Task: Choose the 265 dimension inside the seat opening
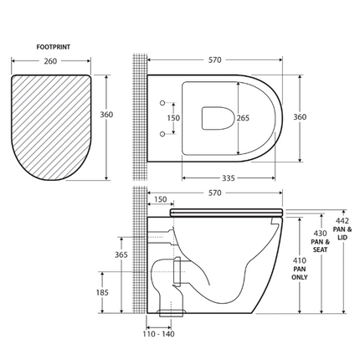244,118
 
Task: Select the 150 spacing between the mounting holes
173,118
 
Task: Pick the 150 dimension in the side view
161,201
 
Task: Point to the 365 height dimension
121,254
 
